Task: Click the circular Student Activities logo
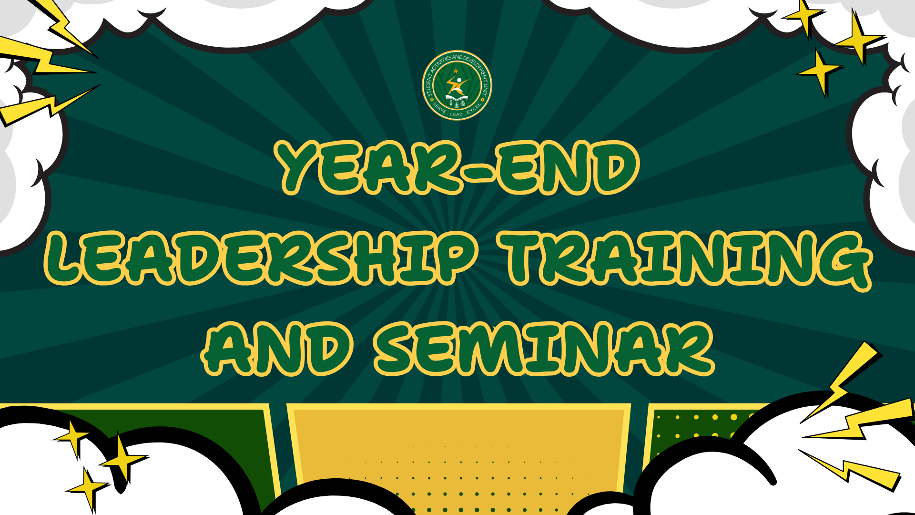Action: coord(457,85)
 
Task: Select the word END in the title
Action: coord(567,167)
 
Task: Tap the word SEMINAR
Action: coord(544,349)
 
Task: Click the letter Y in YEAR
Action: coord(302,167)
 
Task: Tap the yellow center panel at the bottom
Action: coord(458,453)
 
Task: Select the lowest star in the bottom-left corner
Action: coord(88,489)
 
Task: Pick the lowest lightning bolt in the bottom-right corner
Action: coord(848,469)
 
